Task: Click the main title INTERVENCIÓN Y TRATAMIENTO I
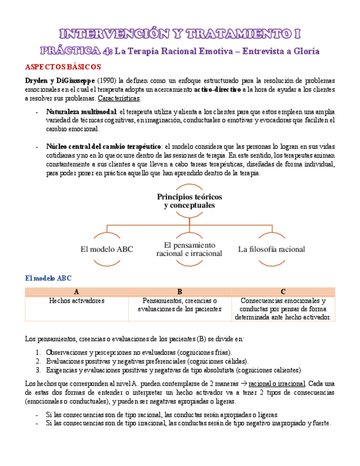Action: pyautogui.click(x=180, y=34)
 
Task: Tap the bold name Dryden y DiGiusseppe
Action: pyautogui.click(x=60, y=80)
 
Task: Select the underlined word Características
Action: pyautogui.click(x=119, y=98)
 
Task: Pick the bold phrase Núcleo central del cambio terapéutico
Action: pyautogui.click(x=104, y=147)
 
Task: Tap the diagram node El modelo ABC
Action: pyautogui.click(x=107, y=249)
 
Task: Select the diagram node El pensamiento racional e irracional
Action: pyautogui.click(x=189, y=249)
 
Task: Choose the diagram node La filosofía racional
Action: pyautogui.click(x=272, y=249)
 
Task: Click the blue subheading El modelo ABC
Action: pyautogui.click(x=48, y=279)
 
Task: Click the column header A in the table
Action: pyautogui.click(x=76, y=292)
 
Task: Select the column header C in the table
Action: pyautogui.click(x=283, y=292)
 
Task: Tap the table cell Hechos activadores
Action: pyautogui.click(x=76, y=301)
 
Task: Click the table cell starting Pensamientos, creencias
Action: pyautogui.click(x=180, y=305)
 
